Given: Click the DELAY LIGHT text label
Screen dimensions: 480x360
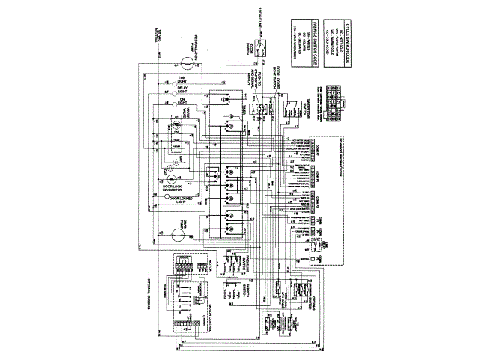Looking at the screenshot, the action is coord(181,91).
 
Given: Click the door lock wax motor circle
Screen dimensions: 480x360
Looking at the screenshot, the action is coord(173,182).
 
